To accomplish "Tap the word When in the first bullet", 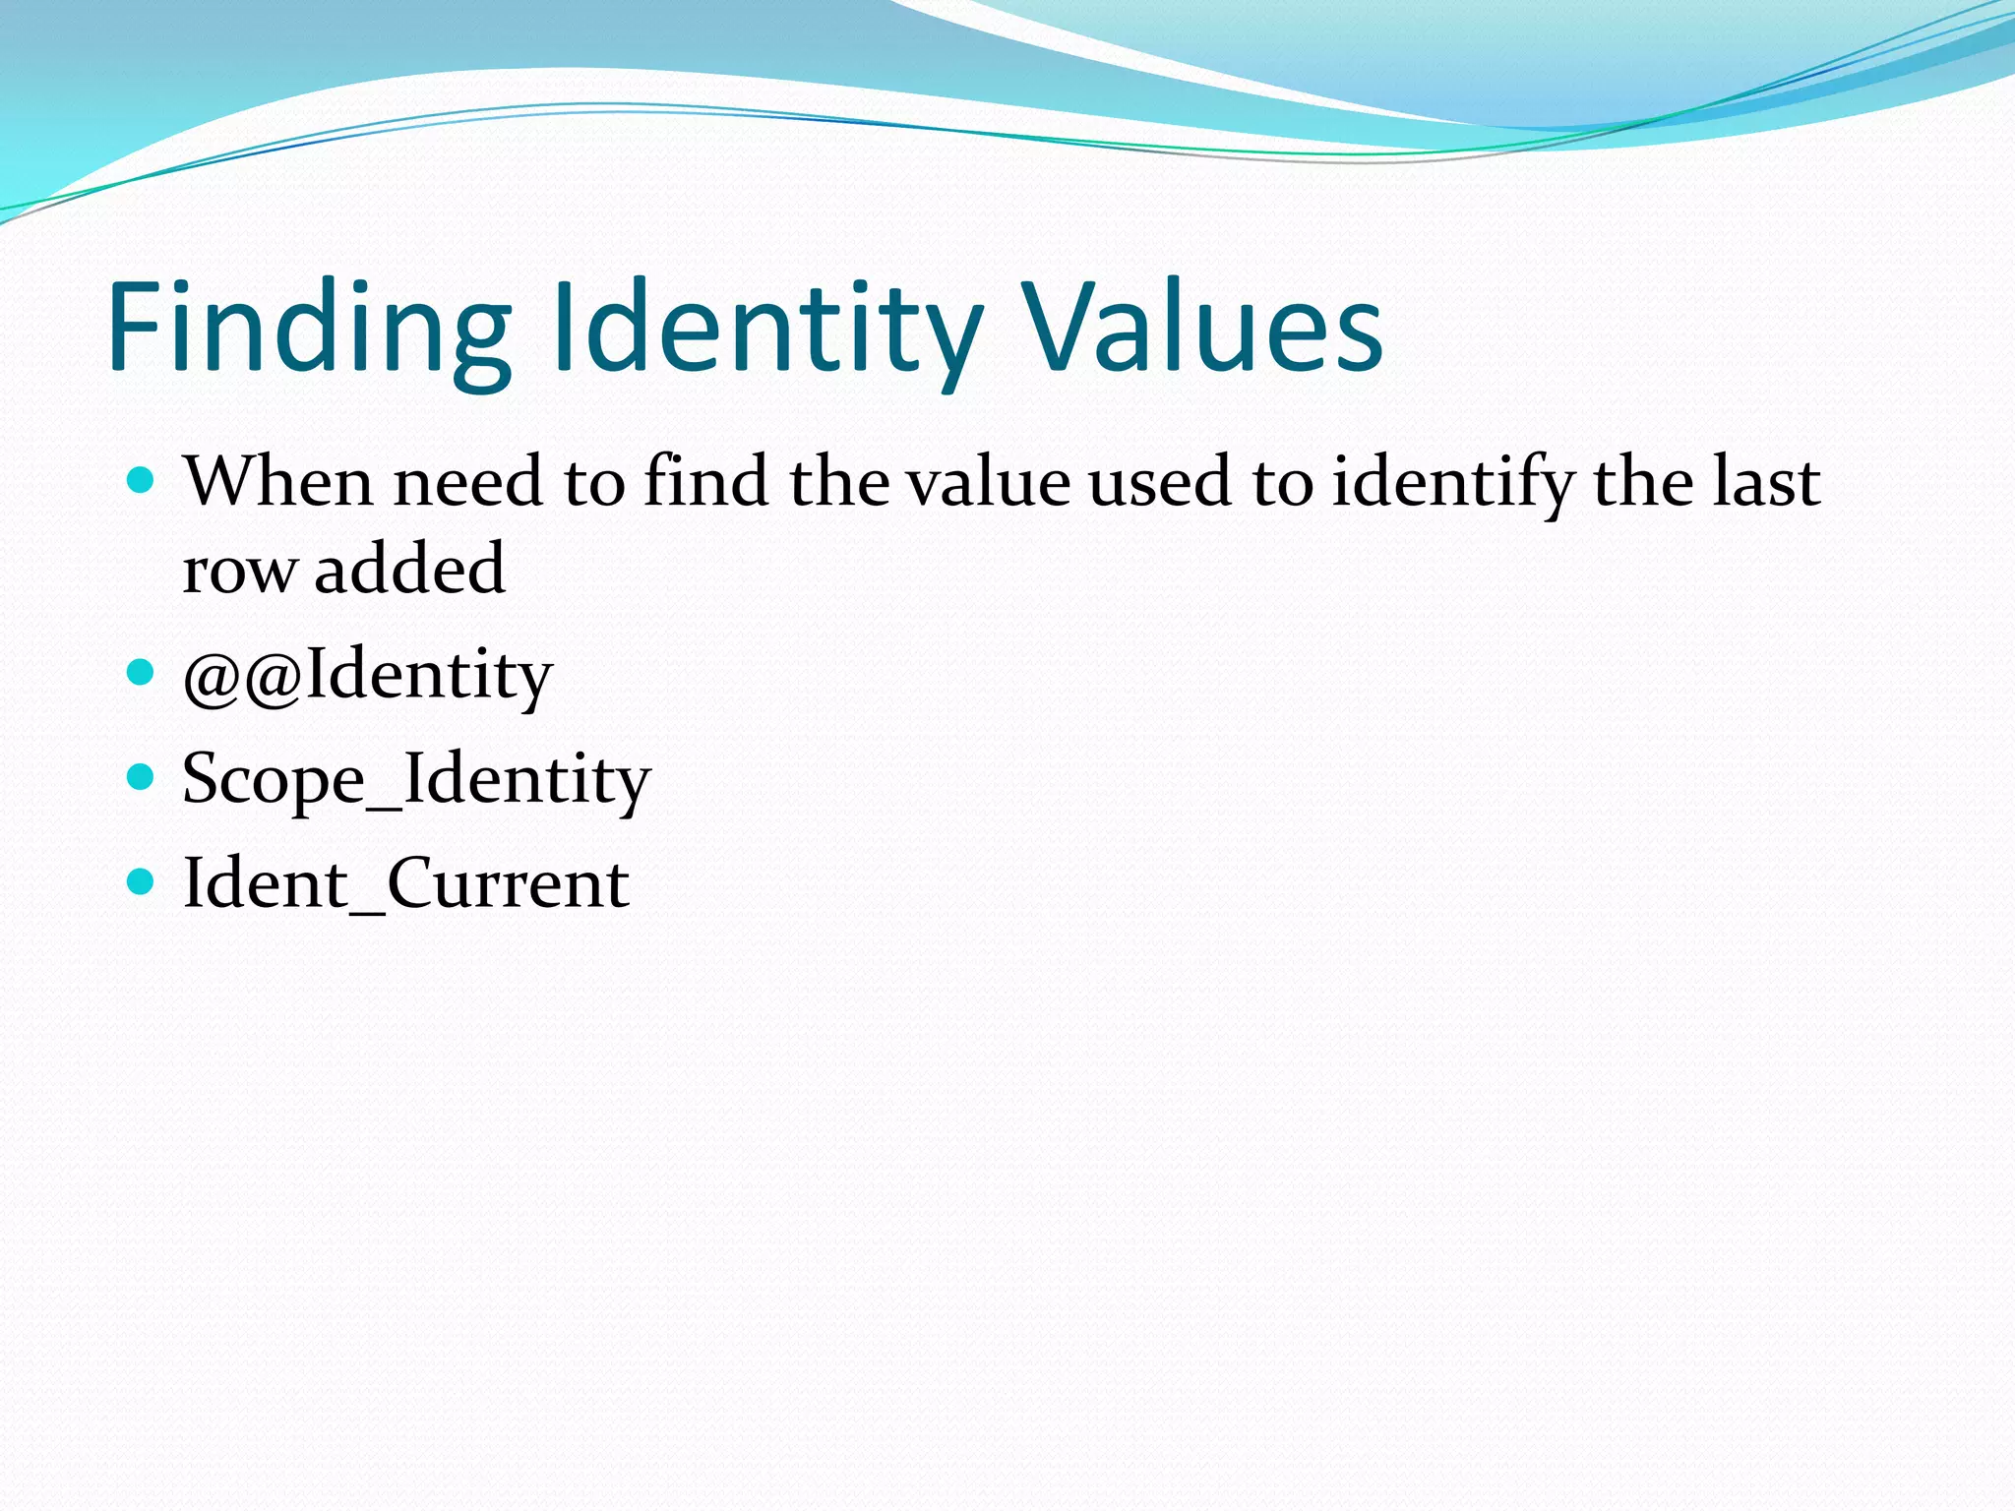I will [277, 482].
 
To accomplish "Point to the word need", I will [468, 482].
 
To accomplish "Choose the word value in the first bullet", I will [987, 482].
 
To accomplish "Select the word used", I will [1160, 482].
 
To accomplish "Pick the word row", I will [240, 571].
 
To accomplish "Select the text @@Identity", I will [367, 676].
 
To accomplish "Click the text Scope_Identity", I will [415, 780].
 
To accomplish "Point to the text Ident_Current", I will [405, 883].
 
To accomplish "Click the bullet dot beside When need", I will [142, 481].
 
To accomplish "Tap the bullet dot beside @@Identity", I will [142, 673].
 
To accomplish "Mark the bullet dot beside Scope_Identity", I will [142, 777].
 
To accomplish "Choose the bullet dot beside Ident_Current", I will [142, 880].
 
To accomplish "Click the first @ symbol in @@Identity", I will [212, 679].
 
